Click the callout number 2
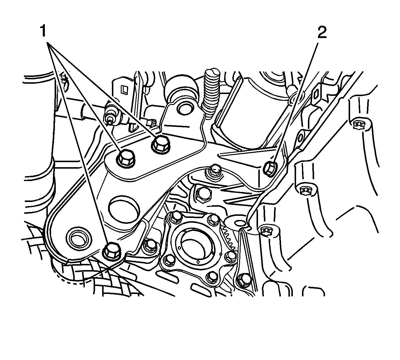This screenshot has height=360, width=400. point(321,33)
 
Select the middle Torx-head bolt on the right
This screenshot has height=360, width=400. point(304,190)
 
